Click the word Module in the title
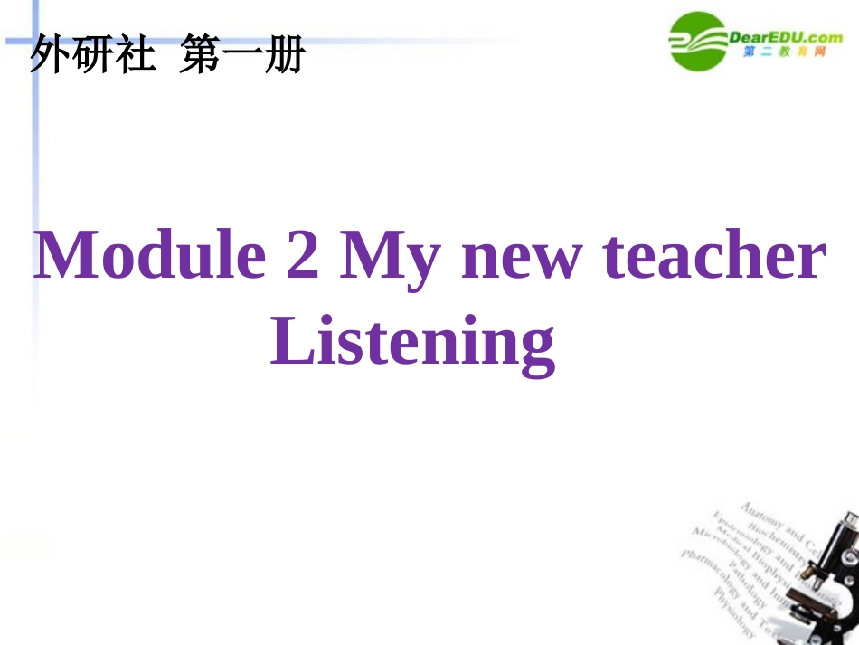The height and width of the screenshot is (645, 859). [x=150, y=256]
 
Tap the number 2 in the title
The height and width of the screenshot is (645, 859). [x=303, y=256]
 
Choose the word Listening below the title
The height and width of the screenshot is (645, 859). [x=412, y=343]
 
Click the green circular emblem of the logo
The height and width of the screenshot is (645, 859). [x=696, y=41]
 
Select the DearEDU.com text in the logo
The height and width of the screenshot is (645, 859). [x=785, y=37]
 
